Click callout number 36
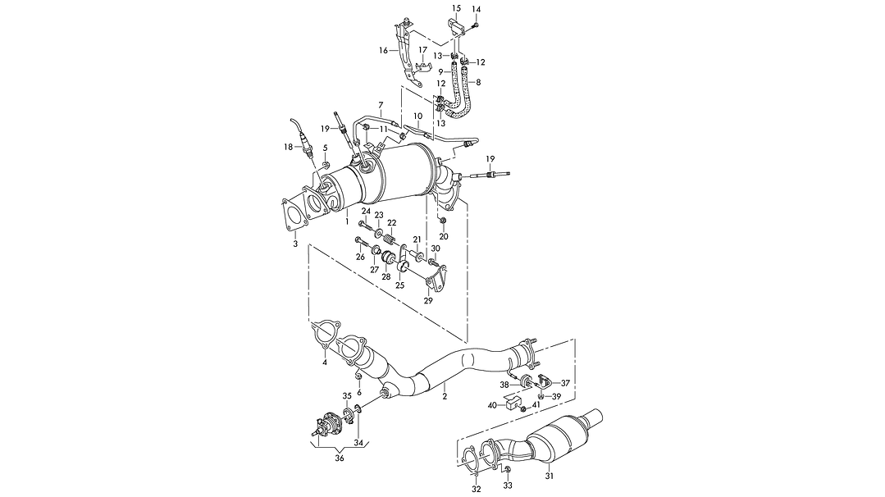click(340, 458)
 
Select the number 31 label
click(550, 476)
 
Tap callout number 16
click(383, 50)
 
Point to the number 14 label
click(477, 9)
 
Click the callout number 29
click(427, 301)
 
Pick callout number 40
click(492, 404)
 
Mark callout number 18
click(288, 147)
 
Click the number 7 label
click(380, 104)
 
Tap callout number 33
click(507, 486)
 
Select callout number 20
click(443, 236)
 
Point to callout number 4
click(325, 362)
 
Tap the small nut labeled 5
click(324, 166)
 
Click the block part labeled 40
click(511, 403)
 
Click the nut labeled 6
click(358, 376)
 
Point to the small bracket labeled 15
click(457, 30)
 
